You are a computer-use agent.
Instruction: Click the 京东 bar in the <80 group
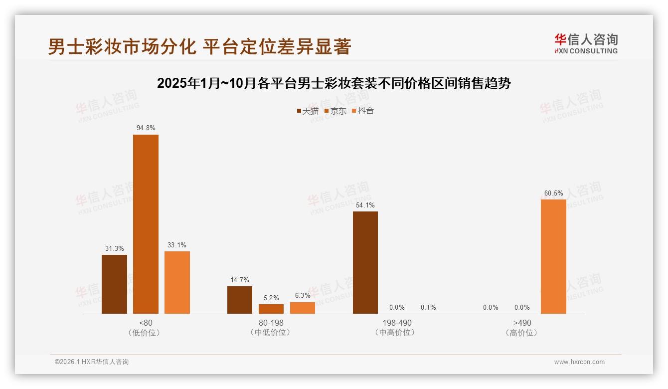tap(146, 224)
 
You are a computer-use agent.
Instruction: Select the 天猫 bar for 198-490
tap(365, 262)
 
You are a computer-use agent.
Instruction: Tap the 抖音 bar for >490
tap(553, 256)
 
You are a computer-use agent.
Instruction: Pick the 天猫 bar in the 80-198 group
tap(240, 300)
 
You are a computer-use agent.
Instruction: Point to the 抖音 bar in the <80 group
tap(177, 282)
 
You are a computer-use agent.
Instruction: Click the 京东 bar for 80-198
tap(271, 309)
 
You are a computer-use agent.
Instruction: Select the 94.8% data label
tap(146, 128)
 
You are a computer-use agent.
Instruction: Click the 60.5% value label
tap(553, 193)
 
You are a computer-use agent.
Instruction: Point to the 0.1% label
tap(428, 307)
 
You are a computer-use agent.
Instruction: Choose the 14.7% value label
tap(240, 280)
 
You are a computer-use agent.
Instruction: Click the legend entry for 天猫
tap(308, 111)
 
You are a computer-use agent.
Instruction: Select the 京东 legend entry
tap(335, 111)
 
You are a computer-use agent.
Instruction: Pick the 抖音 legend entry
tap(363, 111)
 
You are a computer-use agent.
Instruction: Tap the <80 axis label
tap(146, 323)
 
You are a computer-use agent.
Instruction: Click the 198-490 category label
tap(397, 323)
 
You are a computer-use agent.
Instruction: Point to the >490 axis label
tap(522, 323)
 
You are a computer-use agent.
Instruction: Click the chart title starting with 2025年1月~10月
tap(334, 83)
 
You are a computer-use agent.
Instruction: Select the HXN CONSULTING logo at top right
tap(586, 43)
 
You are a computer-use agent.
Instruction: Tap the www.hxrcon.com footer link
tap(579, 362)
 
